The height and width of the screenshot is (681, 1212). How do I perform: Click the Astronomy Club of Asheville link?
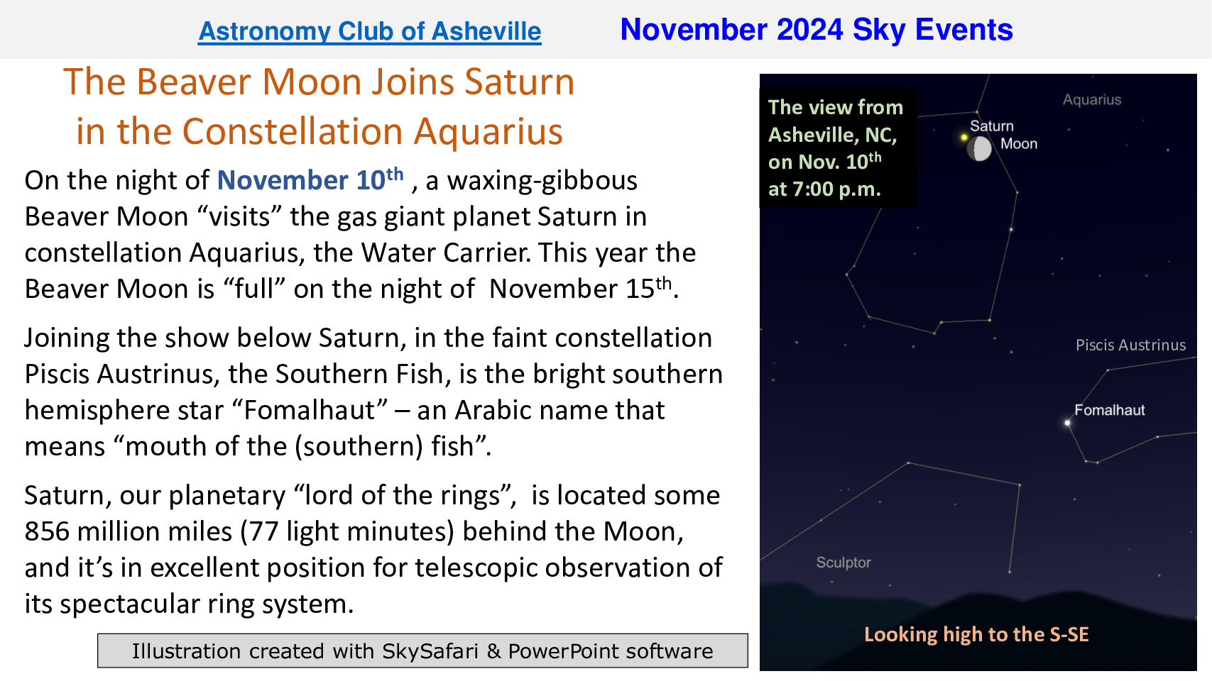coord(369,31)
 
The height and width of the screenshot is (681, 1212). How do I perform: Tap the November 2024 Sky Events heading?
coord(817,30)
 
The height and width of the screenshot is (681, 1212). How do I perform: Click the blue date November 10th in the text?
coord(310,179)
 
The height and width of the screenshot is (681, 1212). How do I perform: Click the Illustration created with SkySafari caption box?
coord(422,650)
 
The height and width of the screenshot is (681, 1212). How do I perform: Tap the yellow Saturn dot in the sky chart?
coord(963,138)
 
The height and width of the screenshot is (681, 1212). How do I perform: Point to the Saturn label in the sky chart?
coord(991,126)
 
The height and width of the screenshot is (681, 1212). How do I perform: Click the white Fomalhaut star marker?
coord(1068,423)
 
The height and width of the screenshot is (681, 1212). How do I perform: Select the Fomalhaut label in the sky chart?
coord(1109,410)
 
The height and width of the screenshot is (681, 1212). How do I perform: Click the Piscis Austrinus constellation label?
coord(1130,345)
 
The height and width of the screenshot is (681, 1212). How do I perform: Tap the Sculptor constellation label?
coord(844,563)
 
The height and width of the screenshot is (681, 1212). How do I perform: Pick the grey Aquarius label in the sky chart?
coord(1092,100)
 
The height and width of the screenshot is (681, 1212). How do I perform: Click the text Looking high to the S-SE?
coord(976,634)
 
